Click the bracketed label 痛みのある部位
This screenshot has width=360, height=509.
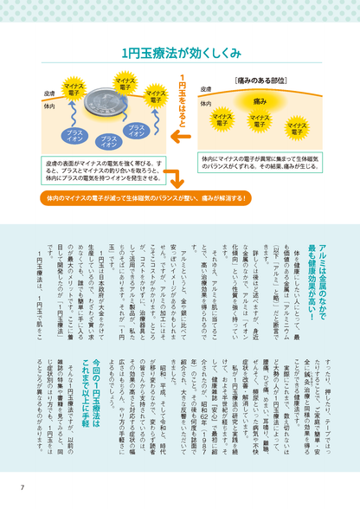(x=257, y=81)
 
